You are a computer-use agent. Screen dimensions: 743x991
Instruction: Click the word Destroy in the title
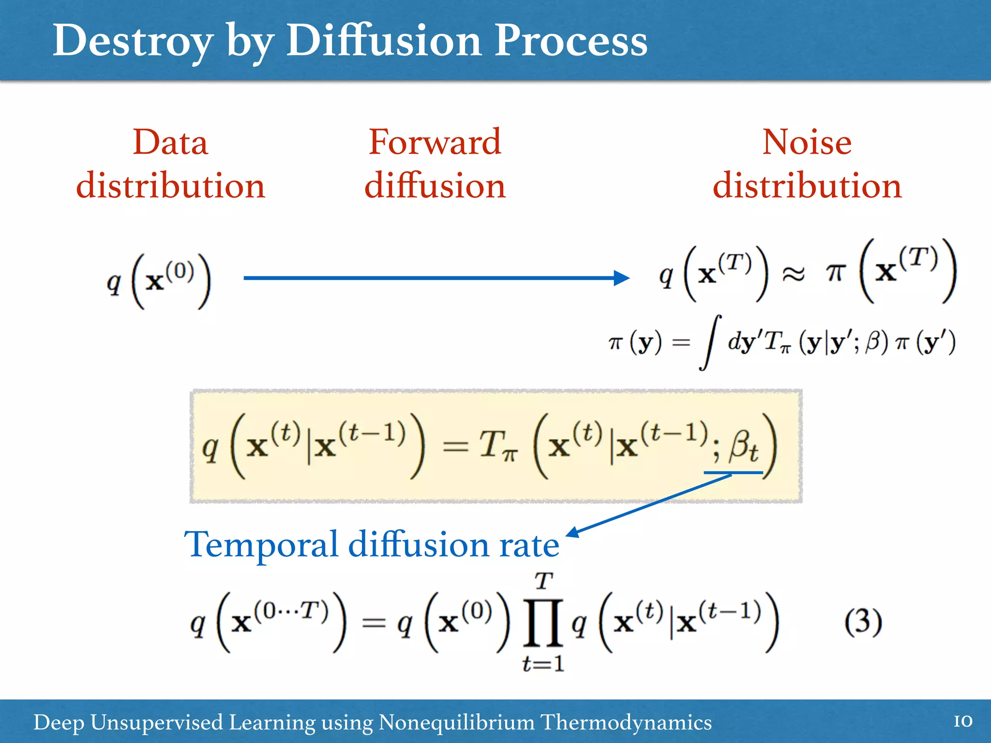tap(132, 41)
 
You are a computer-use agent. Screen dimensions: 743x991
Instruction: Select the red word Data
tap(170, 143)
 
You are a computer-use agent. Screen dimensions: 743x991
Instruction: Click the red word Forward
tap(435, 143)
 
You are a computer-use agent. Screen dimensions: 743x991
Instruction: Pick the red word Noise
tap(807, 143)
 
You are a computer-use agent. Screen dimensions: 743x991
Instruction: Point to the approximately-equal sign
tap(794, 274)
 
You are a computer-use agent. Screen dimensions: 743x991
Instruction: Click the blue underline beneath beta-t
tap(733, 472)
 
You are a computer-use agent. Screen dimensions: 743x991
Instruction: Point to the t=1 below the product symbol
tap(543, 664)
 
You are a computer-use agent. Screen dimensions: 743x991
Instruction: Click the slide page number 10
tap(962, 721)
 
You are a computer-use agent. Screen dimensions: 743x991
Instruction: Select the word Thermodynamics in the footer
tap(626, 723)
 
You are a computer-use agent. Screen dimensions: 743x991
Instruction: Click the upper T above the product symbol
tap(543, 581)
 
